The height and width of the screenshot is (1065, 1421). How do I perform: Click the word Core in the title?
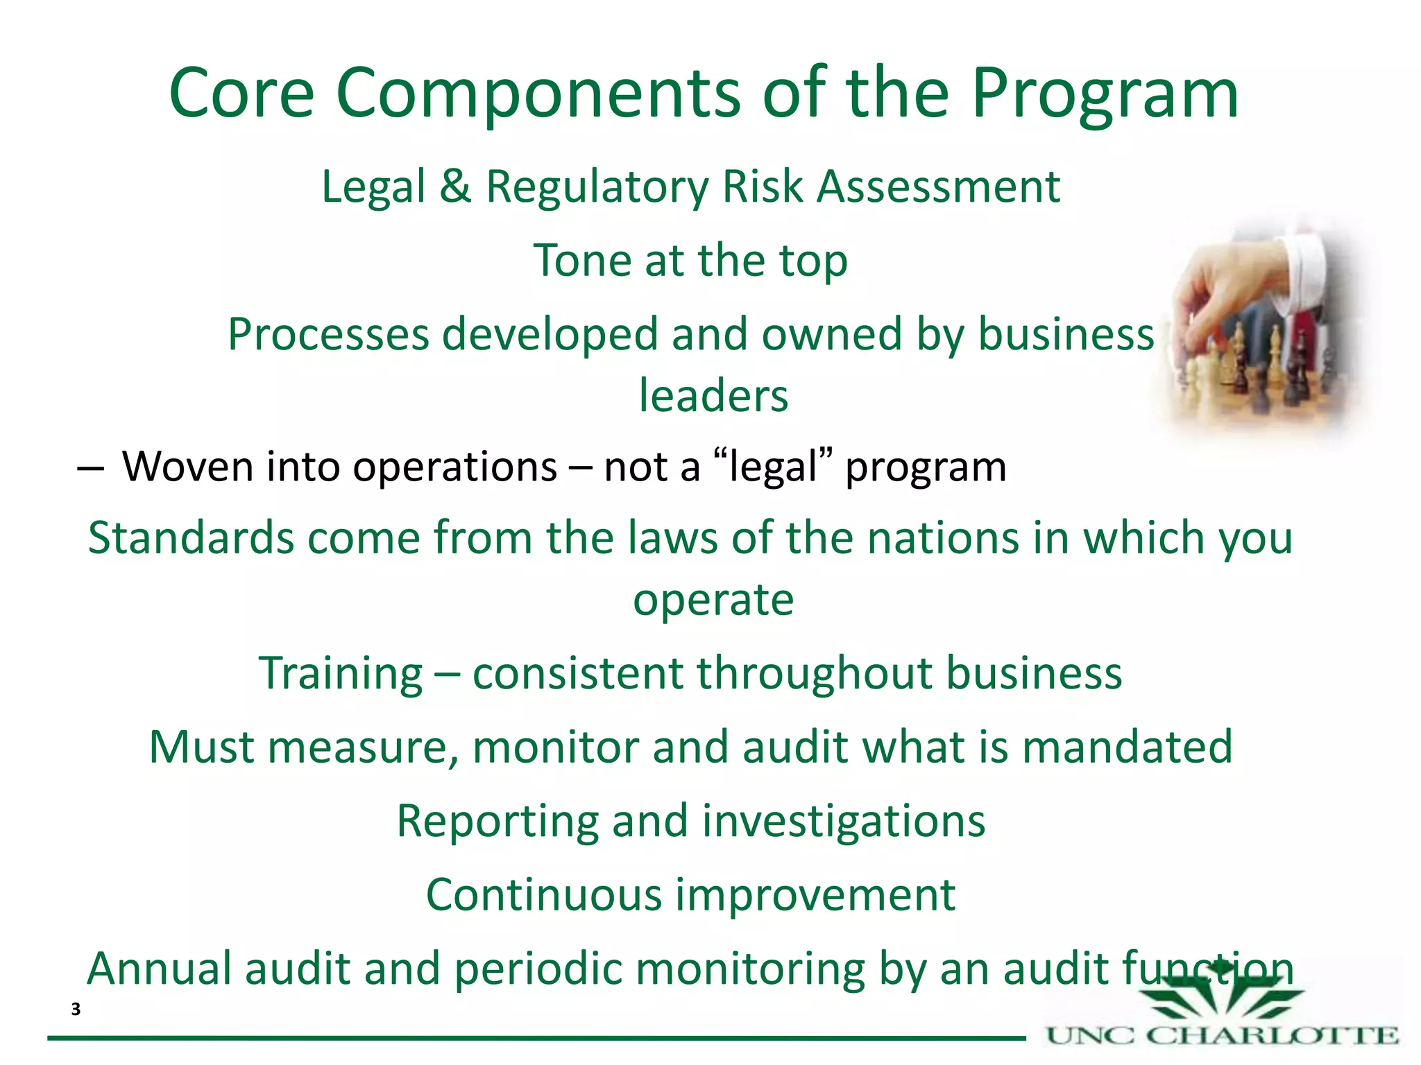click(241, 94)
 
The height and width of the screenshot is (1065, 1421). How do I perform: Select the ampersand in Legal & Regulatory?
click(454, 187)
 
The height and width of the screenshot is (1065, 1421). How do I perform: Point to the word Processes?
click(328, 335)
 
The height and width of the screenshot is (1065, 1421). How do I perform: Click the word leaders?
click(713, 396)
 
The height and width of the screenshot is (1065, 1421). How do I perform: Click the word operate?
click(713, 600)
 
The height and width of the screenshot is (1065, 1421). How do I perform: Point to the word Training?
click(341, 674)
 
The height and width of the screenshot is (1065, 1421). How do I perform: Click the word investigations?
click(843, 822)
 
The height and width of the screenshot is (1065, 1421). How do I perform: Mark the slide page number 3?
click(76, 1010)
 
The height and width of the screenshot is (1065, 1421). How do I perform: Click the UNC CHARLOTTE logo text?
click(1221, 1037)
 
